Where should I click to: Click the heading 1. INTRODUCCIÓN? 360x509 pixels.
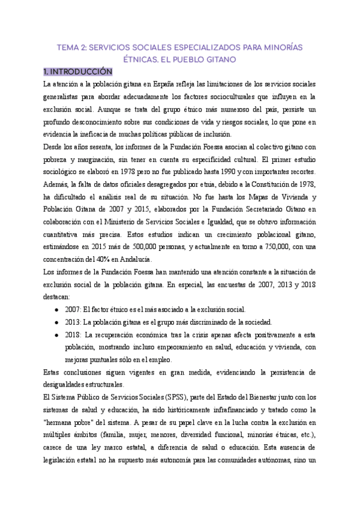coord(74,71)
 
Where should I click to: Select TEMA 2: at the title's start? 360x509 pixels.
coord(74,47)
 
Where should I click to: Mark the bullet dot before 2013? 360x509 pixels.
coord(56,322)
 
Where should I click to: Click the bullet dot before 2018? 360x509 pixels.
coord(56,335)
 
